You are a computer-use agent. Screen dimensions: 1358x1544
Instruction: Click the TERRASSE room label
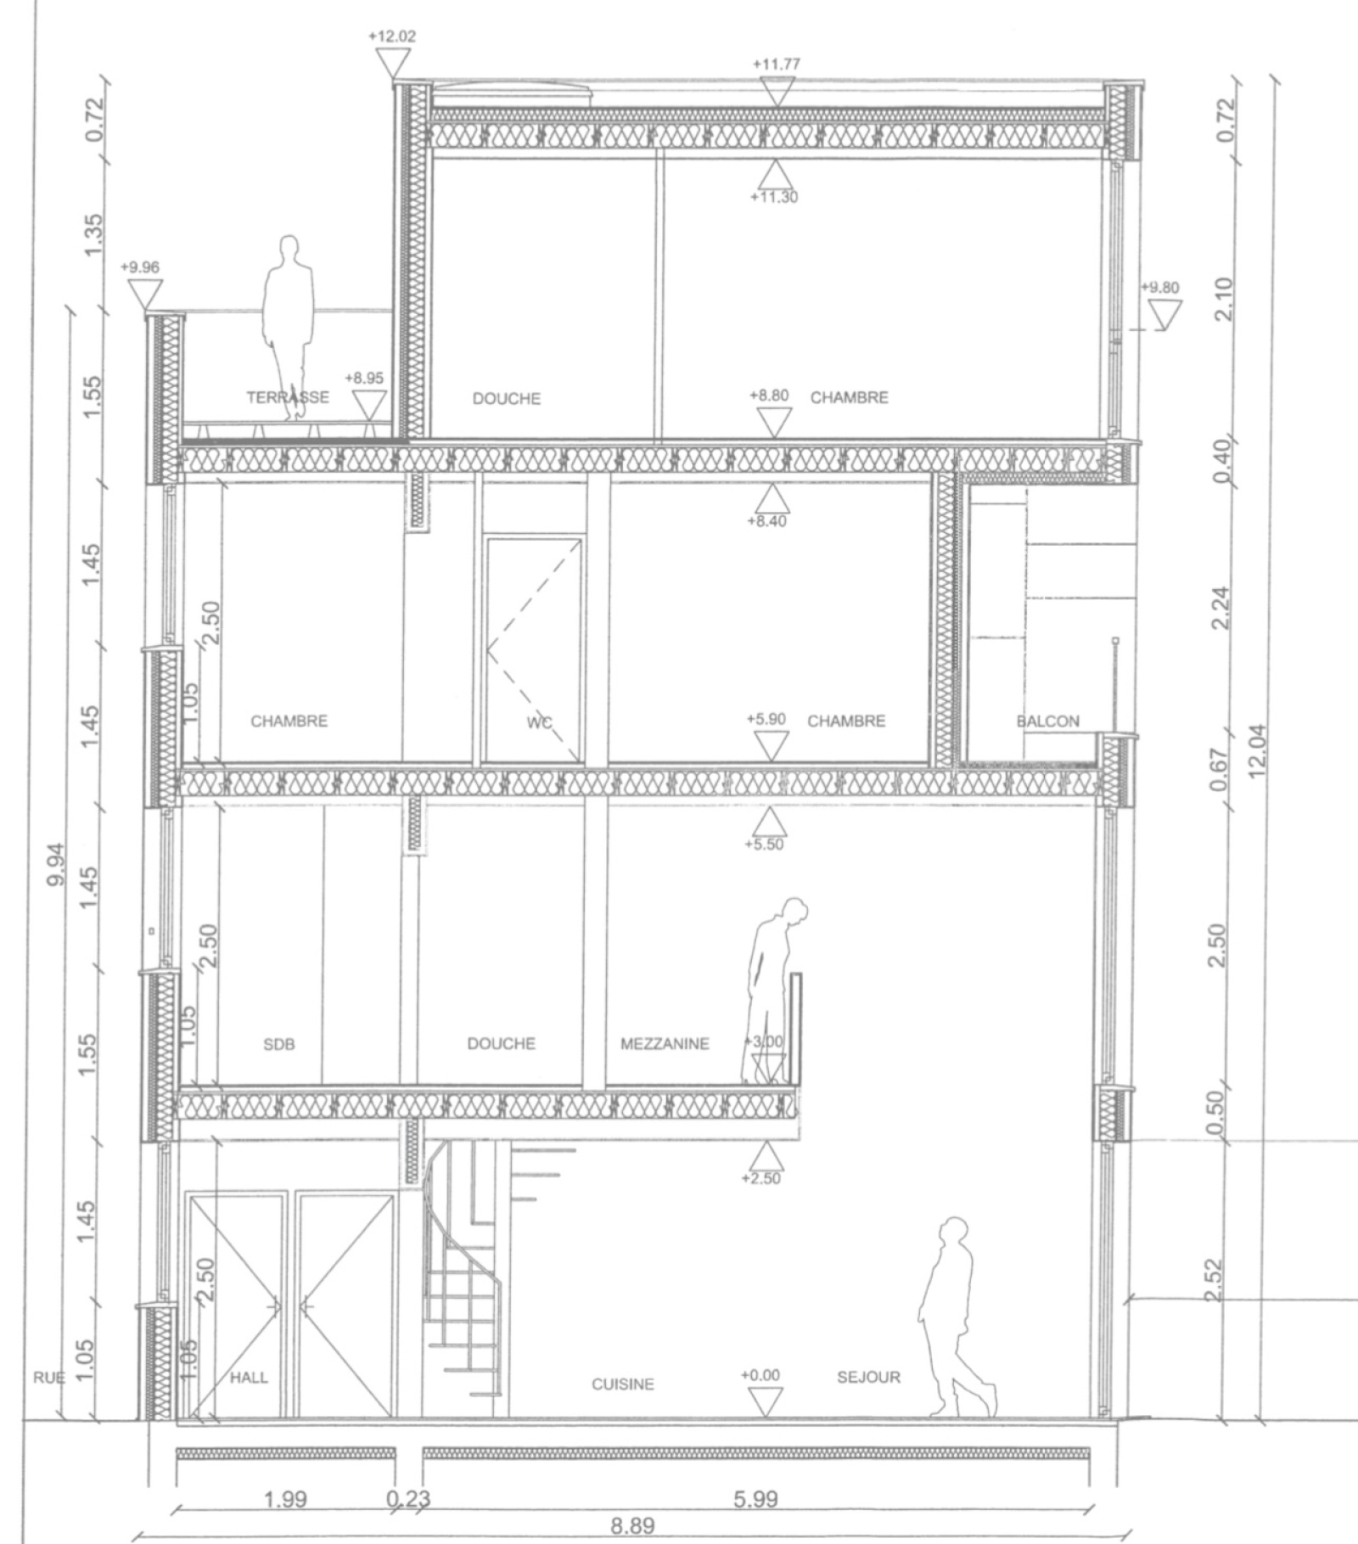(x=288, y=397)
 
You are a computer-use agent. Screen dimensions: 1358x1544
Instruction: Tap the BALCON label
(x=1048, y=721)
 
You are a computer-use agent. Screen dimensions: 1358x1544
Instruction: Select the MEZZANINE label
(x=665, y=1044)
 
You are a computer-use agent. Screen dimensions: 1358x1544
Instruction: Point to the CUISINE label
(x=623, y=1384)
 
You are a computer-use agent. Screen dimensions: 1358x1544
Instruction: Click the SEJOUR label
(x=868, y=1378)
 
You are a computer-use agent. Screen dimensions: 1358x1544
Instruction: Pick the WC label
(x=539, y=722)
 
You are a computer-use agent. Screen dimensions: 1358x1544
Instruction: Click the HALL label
(x=249, y=1378)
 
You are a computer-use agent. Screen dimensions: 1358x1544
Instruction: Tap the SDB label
(x=279, y=1045)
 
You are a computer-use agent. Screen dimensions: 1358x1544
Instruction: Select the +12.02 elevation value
(x=392, y=36)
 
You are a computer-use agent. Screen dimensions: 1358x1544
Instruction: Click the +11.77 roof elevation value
(x=776, y=64)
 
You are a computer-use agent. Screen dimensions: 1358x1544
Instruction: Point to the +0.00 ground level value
(x=760, y=1375)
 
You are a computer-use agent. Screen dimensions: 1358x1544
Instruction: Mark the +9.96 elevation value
(x=139, y=267)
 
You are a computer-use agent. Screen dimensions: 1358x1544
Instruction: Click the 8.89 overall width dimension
(x=632, y=1526)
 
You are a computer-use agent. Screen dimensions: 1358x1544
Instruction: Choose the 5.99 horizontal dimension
(x=755, y=1500)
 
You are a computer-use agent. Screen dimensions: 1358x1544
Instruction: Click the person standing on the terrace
(x=287, y=328)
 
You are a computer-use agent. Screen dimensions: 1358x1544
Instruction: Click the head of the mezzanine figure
(x=794, y=912)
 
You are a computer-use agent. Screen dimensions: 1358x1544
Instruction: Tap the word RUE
(x=48, y=1378)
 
